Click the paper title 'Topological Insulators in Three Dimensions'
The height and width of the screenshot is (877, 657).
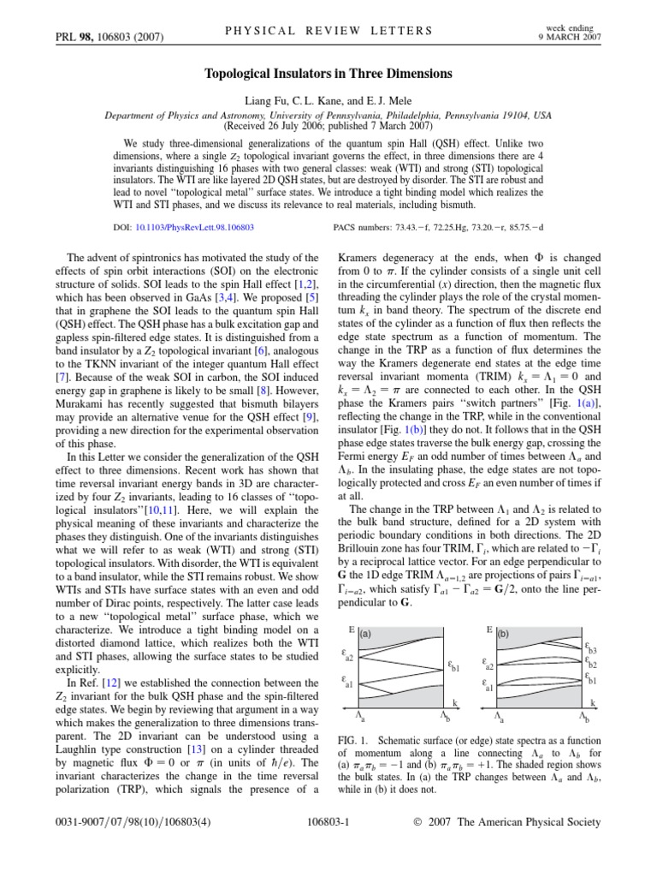(328, 74)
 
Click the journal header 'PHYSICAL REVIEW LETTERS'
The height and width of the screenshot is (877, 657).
(328, 31)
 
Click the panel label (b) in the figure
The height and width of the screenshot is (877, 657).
(504, 635)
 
